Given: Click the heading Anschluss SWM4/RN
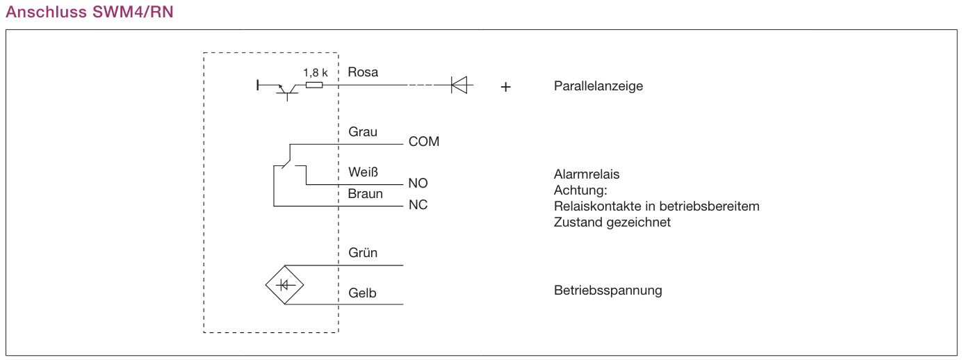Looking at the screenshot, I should coord(89,12).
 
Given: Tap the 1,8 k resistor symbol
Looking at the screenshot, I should coord(313,85).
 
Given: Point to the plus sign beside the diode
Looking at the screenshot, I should coord(506,88).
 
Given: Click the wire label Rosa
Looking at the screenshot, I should coord(364,72).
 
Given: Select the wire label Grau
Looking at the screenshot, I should coord(363,131).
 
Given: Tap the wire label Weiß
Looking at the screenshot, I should coord(364,172).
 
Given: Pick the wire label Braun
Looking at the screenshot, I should coord(366,194).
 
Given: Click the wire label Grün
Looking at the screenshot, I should coord(363,253).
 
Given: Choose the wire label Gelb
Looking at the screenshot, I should coord(362,293).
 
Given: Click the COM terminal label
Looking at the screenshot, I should coord(424,142).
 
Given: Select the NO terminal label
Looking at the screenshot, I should coord(418,183).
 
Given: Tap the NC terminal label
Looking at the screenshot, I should coord(418,206).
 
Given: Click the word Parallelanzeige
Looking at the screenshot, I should coord(598,87).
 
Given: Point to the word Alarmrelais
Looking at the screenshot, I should coord(587,174).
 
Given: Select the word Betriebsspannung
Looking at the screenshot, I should coord(608,291).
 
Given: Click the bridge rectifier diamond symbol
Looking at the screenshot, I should coord(285,285).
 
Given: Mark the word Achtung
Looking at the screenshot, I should coord(581,190).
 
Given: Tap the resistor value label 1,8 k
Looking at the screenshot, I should coord(316,72).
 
